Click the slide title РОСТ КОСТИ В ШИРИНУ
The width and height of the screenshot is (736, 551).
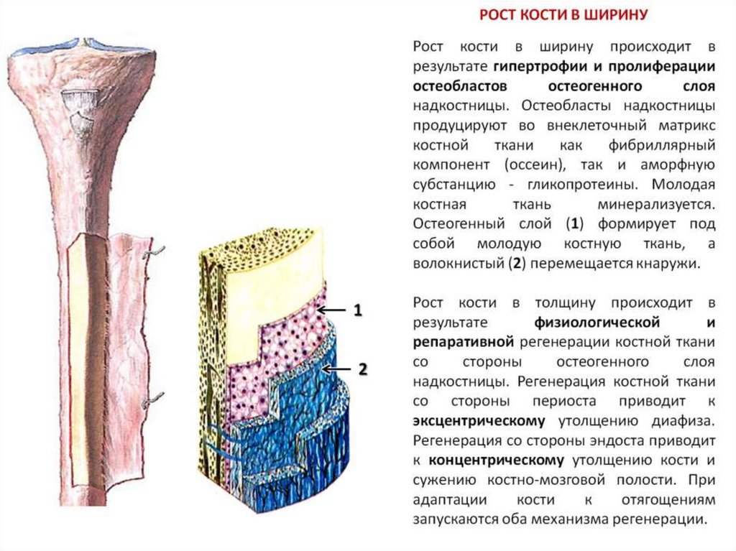[x=563, y=14]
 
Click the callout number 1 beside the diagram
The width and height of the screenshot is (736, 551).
[x=356, y=311]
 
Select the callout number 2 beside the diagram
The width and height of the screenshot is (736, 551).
[x=362, y=369]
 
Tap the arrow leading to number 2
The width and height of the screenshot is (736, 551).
[x=335, y=369]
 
